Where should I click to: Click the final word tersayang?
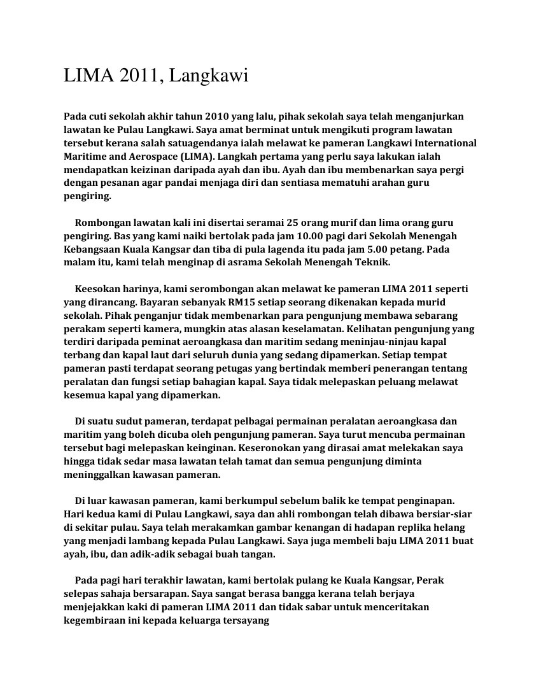pos(245,620)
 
